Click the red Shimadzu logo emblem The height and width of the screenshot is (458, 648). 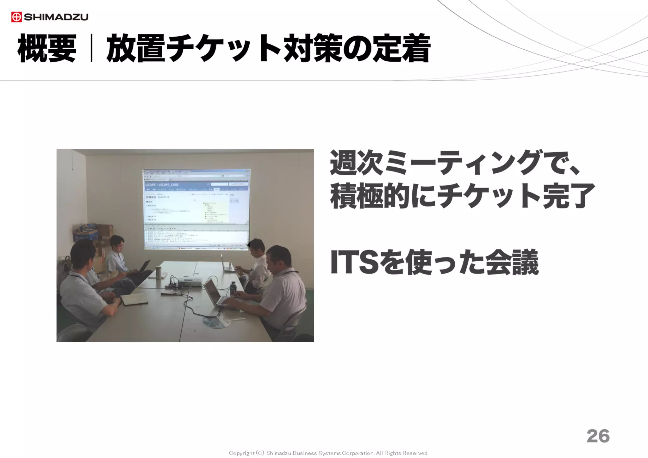[16, 17]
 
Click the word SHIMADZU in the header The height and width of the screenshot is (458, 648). [56, 17]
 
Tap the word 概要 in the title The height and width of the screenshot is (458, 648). [47, 48]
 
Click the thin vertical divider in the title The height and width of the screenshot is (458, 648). [91, 48]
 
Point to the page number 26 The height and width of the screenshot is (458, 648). [598, 436]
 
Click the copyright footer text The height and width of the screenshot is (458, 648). [328, 453]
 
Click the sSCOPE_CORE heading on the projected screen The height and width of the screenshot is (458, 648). [162, 184]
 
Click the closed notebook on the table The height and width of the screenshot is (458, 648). [134, 299]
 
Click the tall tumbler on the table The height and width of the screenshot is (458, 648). [158, 273]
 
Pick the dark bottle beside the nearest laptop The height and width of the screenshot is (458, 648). [233, 288]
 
